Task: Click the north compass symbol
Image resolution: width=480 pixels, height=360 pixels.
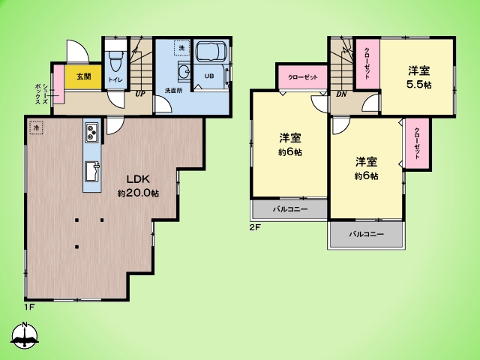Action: coord(25,335)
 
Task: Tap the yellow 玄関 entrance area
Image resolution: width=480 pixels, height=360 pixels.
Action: coord(83,76)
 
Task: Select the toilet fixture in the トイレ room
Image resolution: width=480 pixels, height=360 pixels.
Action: coord(115,61)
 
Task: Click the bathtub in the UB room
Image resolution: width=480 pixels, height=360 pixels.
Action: coord(211,52)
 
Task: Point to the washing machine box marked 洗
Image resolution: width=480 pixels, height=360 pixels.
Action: coord(181,48)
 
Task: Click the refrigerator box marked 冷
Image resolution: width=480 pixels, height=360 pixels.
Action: coord(37,127)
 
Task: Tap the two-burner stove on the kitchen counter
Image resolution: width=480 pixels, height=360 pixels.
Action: coord(91,133)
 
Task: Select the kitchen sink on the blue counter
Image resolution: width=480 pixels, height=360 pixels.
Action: coord(92,171)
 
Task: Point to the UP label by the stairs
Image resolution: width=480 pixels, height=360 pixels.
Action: coord(140,94)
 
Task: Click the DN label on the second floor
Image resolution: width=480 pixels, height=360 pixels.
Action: coord(341,94)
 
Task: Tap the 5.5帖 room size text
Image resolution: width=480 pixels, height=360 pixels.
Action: coord(418,85)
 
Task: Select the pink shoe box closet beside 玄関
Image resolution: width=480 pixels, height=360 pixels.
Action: coord(58,84)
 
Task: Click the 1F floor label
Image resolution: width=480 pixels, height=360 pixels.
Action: coord(29,307)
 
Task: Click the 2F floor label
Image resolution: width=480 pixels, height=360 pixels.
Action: coord(255,227)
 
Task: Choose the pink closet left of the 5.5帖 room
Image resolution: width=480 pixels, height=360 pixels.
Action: coord(367,64)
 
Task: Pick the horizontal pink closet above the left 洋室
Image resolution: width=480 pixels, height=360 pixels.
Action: coord(302,76)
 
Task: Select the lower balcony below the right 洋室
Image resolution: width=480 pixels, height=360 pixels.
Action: coord(367,234)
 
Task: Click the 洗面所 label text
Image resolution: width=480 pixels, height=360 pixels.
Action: coord(174,90)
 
